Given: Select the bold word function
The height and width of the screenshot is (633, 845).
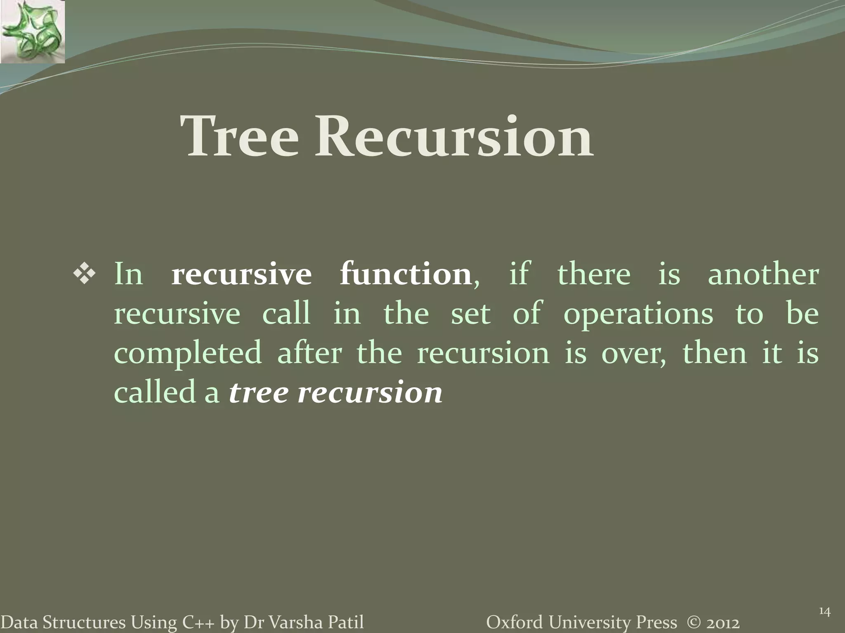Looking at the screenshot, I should click(406, 274).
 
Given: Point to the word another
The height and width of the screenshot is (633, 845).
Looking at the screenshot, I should click(763, 274).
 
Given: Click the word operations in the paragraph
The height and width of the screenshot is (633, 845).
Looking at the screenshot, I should click(638, 314).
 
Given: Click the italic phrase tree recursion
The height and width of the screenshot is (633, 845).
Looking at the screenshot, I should click(335, 392).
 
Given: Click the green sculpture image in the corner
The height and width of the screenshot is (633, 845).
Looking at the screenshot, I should click(33, 32).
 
